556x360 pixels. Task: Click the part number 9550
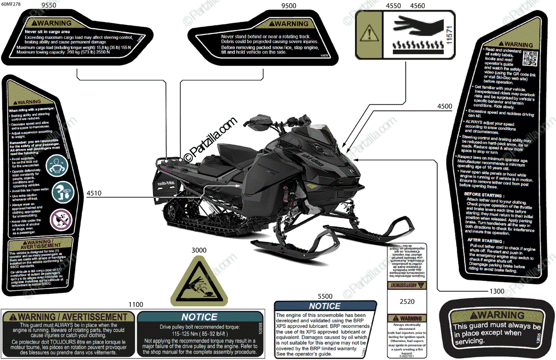[x=49, y=6]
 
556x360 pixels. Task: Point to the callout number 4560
[x=417, y=6]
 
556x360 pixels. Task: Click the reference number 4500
[x=444, y=107]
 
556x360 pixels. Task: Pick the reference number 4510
[x=93, y=193]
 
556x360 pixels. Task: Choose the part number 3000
[x=199, y=250]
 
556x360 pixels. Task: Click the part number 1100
[x=136, y=304]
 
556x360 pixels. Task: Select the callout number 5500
[x=325, y=296]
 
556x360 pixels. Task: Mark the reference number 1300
[x=496, y=291]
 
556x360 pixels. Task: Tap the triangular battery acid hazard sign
[x=198, y=281]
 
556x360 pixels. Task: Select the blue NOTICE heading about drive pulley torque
[x=199, y=317]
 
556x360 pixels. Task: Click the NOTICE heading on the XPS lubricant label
[x=324, y=306]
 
